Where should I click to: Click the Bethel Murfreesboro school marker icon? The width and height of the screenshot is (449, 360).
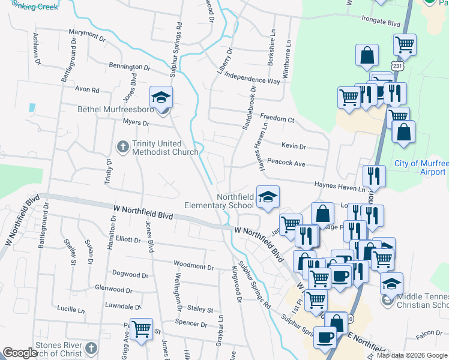click(x=161, y=97)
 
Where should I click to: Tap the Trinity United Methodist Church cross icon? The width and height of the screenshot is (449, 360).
click(x=122, y=146)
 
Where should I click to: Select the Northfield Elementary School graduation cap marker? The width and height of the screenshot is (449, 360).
click(x=268, y=196)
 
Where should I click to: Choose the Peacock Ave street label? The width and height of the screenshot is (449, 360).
click(x=286, y=163)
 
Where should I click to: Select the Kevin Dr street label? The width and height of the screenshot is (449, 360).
click(x=294, y=146)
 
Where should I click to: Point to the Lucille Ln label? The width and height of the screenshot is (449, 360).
click(x=70, y=310)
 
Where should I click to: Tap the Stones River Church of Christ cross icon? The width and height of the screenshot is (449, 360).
click(x=91, y=348)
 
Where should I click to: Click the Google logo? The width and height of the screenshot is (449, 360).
click(x=20, y=353)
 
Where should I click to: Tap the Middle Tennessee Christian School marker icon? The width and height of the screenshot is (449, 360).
click(x=391, y=283)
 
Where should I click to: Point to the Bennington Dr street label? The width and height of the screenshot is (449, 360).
click(x=129, y=67)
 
